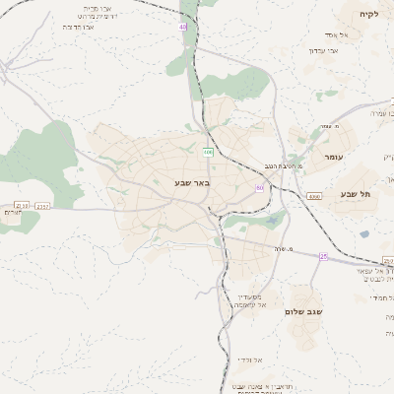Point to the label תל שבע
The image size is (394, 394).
(x=355, y=194)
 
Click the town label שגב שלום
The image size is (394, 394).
(x=303, y=311)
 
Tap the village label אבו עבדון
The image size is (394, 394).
(x=323, y=49)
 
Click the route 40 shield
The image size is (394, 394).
(x=182, y=28)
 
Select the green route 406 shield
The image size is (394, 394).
(x=208, y=152)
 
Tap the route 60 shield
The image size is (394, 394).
(x=259, y=187)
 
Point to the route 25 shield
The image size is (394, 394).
(x=322, y=256)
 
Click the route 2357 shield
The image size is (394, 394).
(x=42, y=207)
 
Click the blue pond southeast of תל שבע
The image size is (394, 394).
(x=364, y=234)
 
